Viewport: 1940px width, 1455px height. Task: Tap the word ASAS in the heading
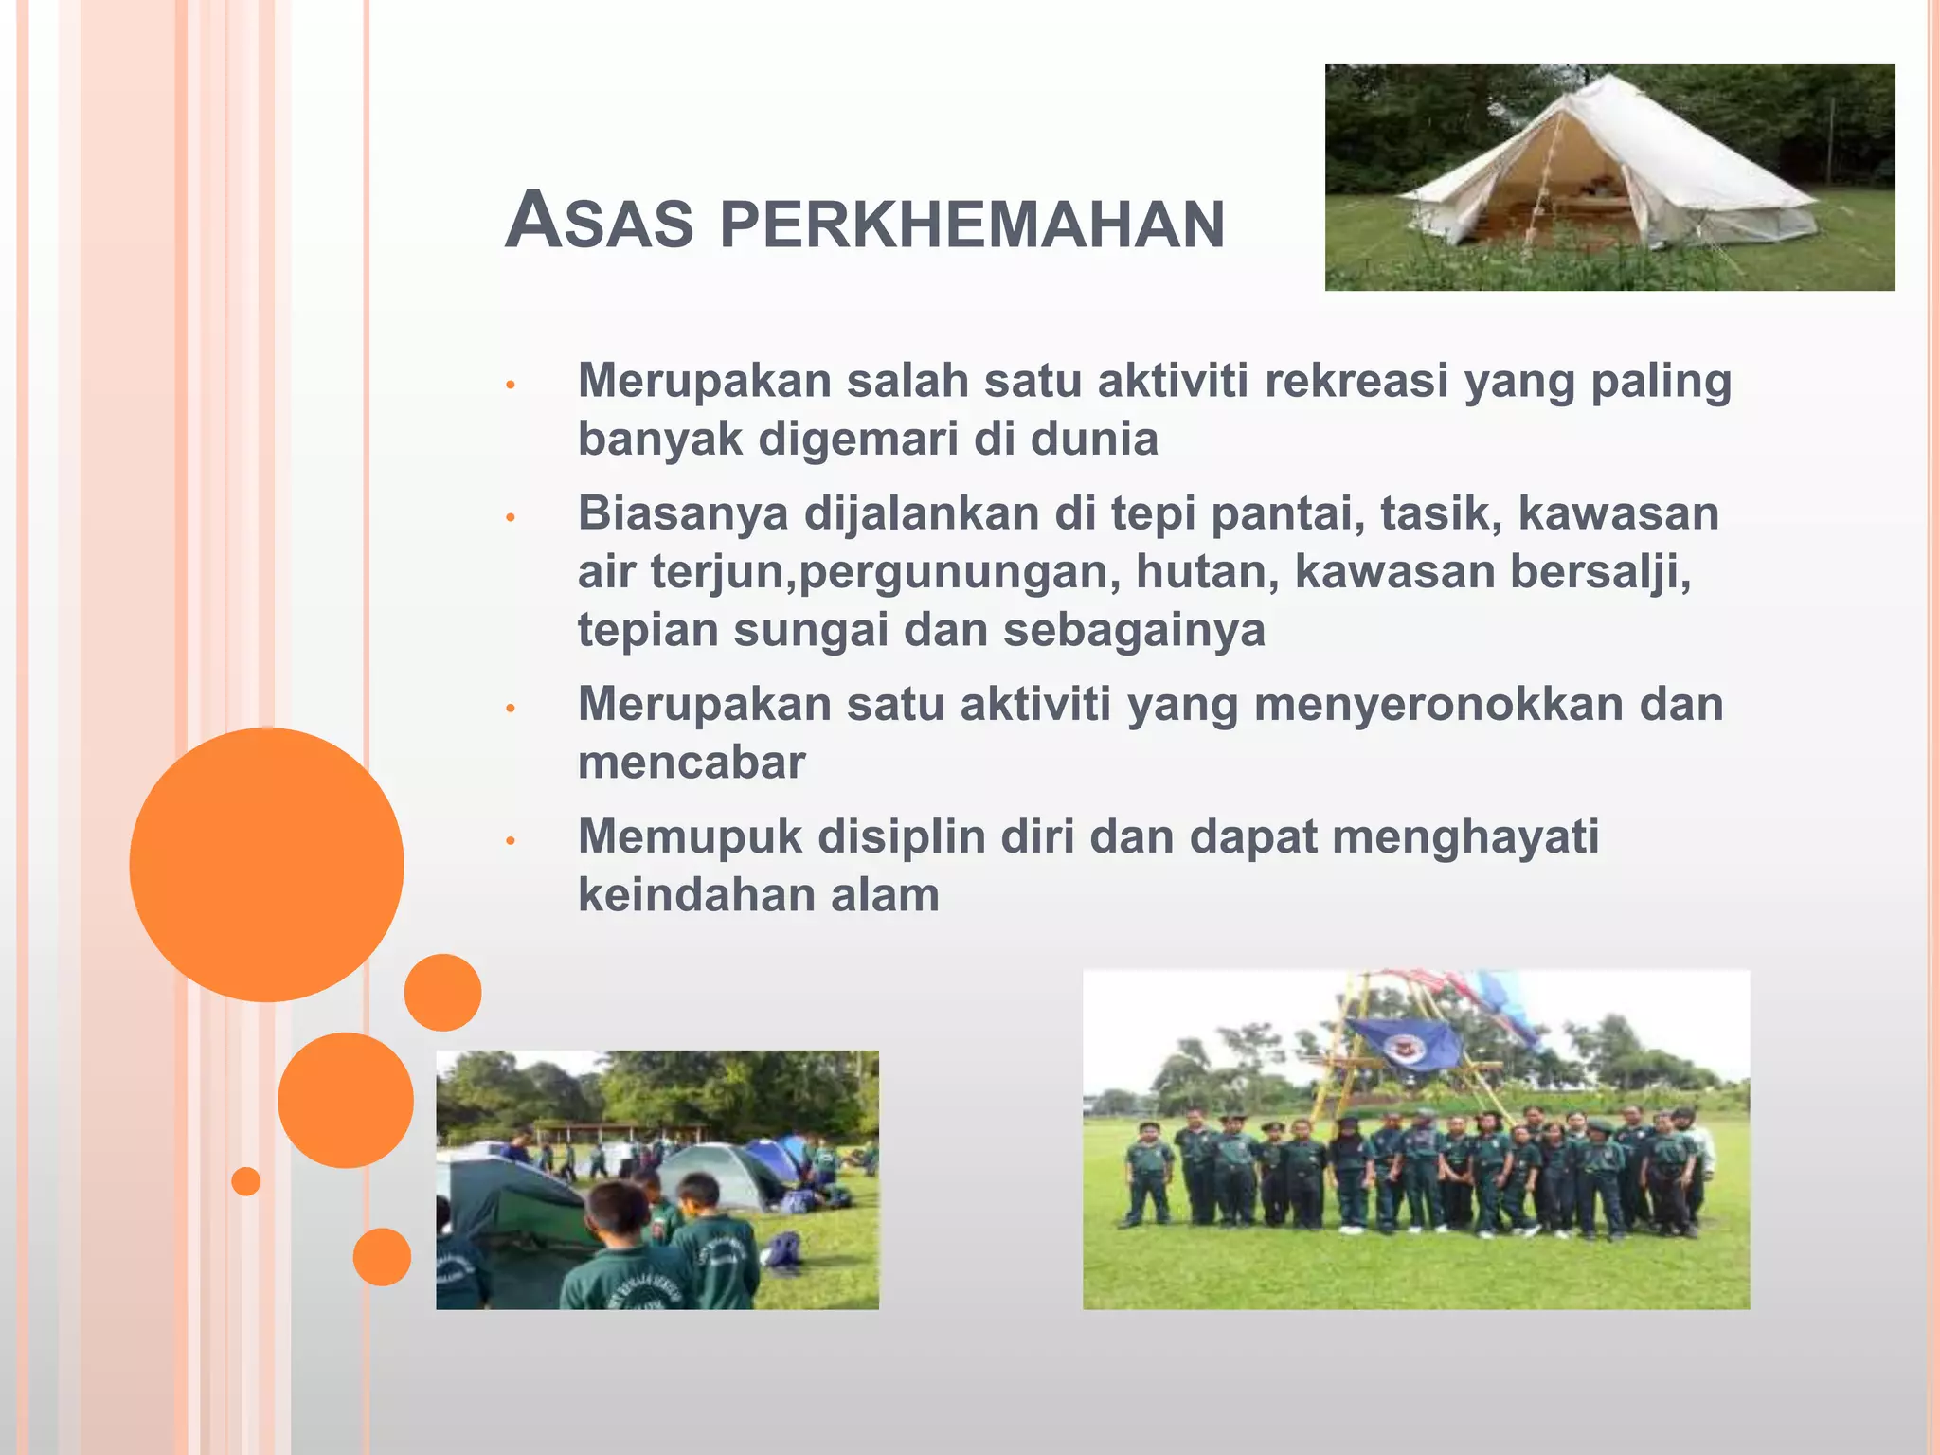tap(599, 222)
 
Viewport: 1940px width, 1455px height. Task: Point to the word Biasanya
tap(682, 514)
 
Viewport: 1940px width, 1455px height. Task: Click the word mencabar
tap(692, 763)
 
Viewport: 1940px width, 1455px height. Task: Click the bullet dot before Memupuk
tap(510, 840)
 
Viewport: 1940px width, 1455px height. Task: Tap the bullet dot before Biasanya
tap(510, 517)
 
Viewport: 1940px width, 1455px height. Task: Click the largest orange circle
tap(266, 864)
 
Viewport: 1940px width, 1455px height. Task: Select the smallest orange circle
tap(245, 1181)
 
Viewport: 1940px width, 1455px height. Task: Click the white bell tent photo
tap(1608, 177)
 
